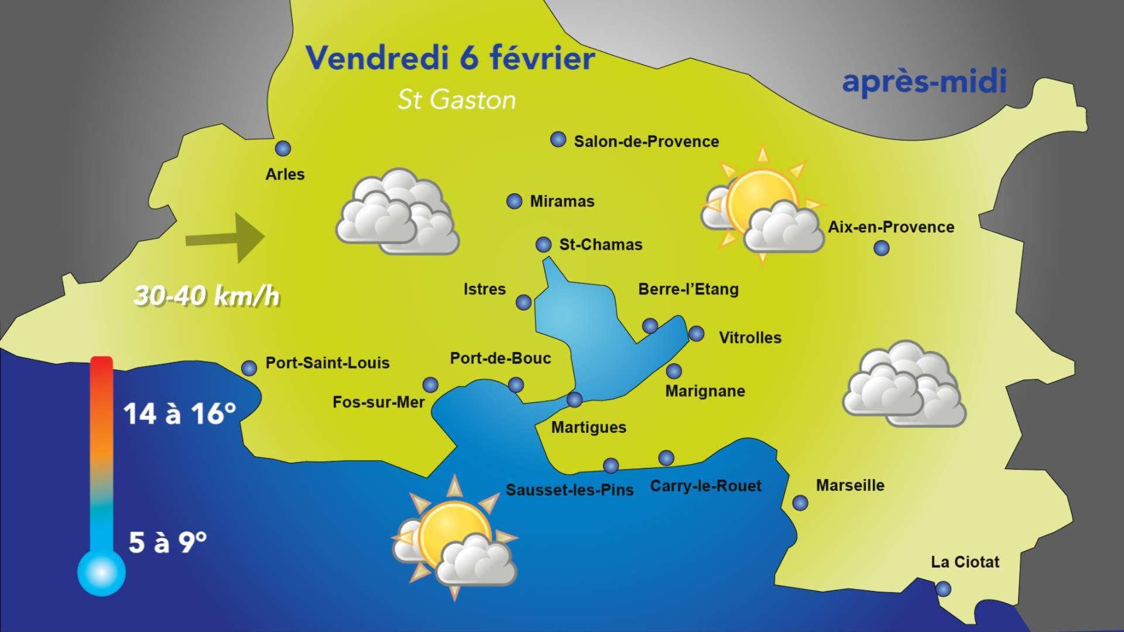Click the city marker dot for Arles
click(283, 149)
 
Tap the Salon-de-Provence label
click(646, 142)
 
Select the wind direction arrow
click(225, 238)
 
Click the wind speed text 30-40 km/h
click(207, 296)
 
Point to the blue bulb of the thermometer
click(101, 572)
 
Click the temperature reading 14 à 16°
click(180, 414)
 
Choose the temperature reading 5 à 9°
click(167, 542)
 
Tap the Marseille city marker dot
click(800, 503)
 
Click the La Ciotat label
click(965, 562)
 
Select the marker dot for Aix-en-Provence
click(881, 248)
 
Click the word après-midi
click(924, 82)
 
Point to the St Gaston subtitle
click(457, 100)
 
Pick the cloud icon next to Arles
click(398, 213)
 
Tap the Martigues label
click(588, 428)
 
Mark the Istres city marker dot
click(523, 302)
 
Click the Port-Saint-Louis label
click(327, 363)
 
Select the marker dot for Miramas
click(514, 201)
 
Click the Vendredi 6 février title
click(450, 58)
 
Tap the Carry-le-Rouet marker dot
click(666, 457)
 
